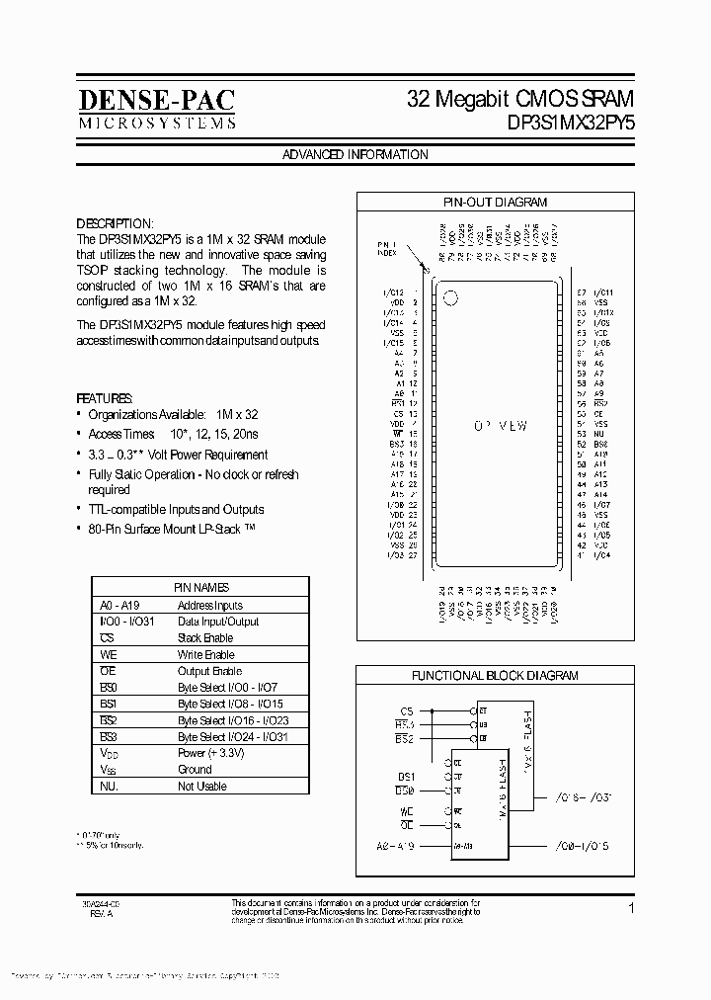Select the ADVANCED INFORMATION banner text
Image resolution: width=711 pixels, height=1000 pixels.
[x=355, y=155]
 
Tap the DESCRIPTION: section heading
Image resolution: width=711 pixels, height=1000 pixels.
[x=116, y=223]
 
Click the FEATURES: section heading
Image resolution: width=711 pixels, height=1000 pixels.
[x=105, y=396]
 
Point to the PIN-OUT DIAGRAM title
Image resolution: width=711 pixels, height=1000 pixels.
[x=495, y=202]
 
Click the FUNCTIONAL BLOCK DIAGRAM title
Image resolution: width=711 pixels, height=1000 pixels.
[x=495, y=676]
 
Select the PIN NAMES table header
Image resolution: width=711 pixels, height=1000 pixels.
[x=201, y=587]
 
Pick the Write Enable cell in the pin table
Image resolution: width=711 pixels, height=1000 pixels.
[x=205, y=654]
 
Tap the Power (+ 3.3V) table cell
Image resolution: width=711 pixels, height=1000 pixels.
[x=211, y=753]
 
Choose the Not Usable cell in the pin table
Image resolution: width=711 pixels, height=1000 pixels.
[x=201, y=787]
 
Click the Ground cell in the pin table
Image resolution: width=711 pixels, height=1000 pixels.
[x=195, y=770]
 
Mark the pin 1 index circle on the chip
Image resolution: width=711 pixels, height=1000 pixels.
[x=451, y=296]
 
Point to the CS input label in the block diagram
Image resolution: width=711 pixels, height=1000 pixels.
[x=406, y=710]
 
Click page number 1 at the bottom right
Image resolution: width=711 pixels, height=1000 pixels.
[x=630, y=907]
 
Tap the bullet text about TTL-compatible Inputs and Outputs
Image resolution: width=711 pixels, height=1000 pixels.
[x=176, y=510]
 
